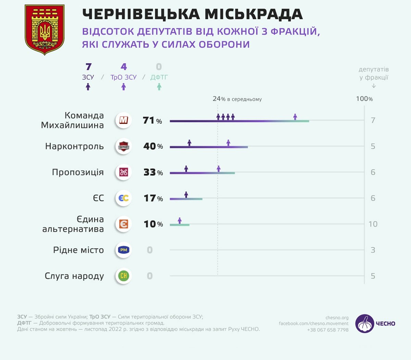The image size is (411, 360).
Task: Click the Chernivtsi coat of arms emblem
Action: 45,29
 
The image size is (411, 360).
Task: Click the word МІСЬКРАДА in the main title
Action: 253,14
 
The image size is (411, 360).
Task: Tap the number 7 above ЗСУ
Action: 88,67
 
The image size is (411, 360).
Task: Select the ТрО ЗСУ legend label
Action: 123,77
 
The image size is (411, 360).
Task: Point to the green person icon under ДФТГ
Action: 159,87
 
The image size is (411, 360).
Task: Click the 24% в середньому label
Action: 237,99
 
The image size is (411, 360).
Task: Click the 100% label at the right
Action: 364,99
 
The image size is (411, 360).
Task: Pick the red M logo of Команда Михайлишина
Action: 123,120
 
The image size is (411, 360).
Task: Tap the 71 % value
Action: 152,120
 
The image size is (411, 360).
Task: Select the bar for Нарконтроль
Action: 209,147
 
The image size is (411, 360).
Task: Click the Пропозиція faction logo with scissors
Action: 123,172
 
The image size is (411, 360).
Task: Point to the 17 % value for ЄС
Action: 153,198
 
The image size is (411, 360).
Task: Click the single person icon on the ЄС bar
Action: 186,195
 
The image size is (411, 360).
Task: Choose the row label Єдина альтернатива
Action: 73,224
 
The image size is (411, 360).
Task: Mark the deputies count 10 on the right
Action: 373,224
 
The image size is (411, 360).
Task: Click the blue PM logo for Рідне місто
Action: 123,250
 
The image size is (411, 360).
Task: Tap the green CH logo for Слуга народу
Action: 123,276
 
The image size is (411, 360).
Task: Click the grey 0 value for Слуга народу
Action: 150,276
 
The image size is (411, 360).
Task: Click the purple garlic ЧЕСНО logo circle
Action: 364,324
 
